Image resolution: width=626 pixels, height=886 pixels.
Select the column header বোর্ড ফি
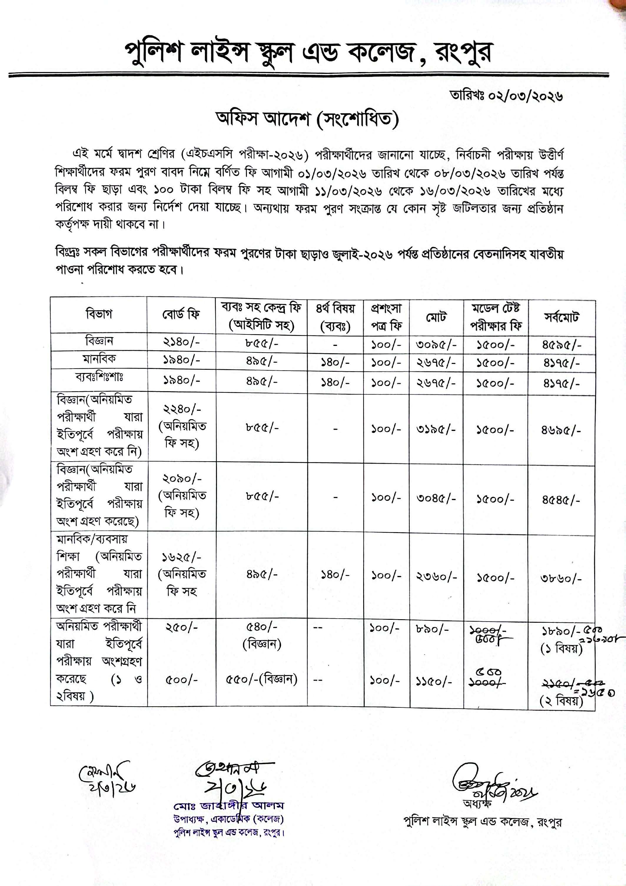[181, 314]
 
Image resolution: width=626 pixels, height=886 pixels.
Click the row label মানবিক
[99, 359]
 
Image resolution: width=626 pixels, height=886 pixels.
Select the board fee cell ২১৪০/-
[181, 342]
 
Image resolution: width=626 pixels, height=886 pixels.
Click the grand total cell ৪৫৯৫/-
[561, 344]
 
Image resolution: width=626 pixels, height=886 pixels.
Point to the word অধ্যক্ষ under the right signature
[477, 804]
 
